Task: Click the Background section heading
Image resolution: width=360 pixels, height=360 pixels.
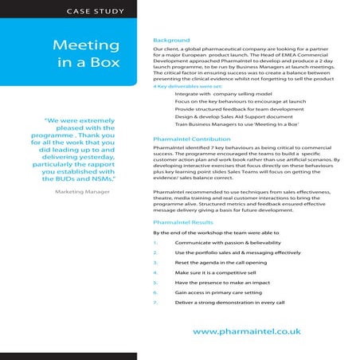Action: click(x=170, y=41)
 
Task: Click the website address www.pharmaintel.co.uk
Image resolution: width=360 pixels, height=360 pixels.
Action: click(x=247, y=329)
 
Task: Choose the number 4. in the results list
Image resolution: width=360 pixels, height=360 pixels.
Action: click(x=155, y=272)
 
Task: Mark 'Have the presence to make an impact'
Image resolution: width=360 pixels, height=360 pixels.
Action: click(x=223, y=282)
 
